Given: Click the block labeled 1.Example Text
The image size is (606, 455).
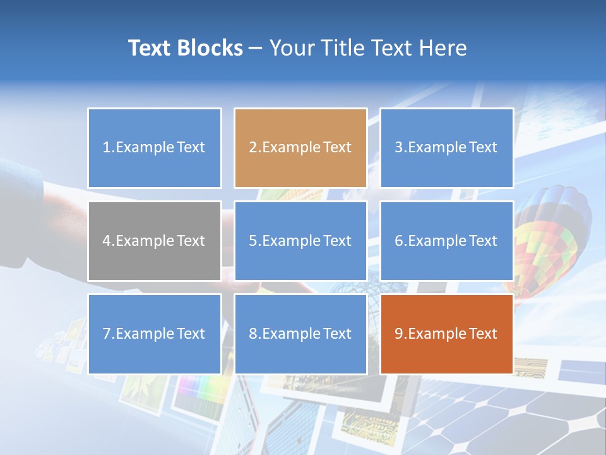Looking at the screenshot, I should coord(155,148).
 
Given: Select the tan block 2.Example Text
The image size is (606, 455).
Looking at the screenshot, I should coord(300,148).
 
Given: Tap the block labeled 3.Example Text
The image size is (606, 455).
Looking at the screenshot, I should coord(446,148).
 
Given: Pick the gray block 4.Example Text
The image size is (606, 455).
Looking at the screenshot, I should coord(155,241).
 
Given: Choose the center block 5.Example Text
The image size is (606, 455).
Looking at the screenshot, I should coord(300,241).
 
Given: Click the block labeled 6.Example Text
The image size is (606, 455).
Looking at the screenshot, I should coord(446,241).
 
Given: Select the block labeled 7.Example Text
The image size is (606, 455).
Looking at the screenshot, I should coord(155,334).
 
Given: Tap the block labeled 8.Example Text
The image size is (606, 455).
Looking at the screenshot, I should coord(300,334).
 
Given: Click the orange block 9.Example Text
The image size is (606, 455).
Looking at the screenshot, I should coord(446,334).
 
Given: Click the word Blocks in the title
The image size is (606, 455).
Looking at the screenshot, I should coord(210,48).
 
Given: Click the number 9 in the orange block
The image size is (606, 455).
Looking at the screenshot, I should coord(399,334).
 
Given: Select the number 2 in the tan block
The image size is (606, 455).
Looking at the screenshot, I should coord(252,148).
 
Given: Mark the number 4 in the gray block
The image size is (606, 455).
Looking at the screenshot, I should coord(107,241).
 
